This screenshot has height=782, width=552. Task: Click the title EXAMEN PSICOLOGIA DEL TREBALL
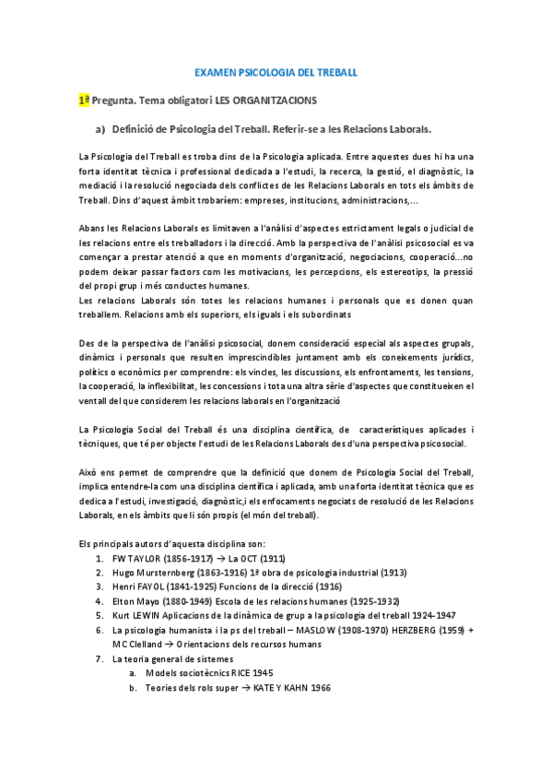click(276, 71)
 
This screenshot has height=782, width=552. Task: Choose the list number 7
click(99, 661)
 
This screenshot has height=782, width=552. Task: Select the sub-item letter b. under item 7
click(133, 687)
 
